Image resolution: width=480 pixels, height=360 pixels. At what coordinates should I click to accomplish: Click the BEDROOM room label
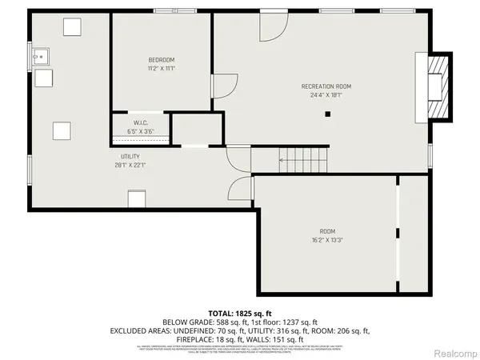point(161,60)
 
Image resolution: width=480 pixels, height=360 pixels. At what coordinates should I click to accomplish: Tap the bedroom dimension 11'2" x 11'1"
point(161,69)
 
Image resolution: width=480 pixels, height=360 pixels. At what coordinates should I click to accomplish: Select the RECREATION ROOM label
point(326,86)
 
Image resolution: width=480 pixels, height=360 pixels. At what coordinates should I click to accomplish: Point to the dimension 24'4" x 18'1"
point(326,94)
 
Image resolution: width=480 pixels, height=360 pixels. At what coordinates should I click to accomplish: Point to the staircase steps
point(304,159)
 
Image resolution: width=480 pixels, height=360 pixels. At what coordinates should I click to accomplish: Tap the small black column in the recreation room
point(327,114)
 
